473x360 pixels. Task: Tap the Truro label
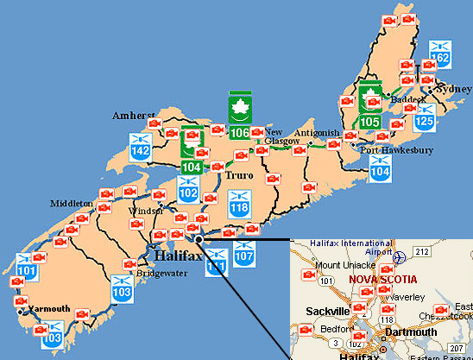click(x=238, y=175)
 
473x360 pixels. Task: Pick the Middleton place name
click(x=72, y=203)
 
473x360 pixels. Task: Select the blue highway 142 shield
click(x=142, y=145)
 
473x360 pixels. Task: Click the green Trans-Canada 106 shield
click(x=241, y=115)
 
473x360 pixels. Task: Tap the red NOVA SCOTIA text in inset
click(x=382, y=280)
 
